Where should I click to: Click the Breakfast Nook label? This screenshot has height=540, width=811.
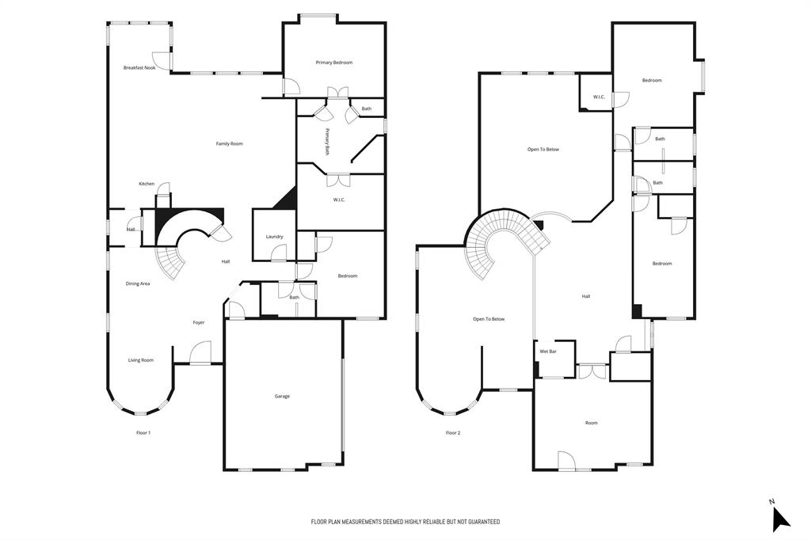tap(139, 68)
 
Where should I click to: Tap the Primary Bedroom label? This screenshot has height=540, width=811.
tap(333, 63)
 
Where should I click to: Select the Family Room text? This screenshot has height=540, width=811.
tap(230, 143)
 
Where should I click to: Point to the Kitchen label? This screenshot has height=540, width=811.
tap(147, 184)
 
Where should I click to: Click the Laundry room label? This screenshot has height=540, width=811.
tap(275, 237)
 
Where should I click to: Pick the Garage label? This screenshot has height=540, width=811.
tap(282, 396)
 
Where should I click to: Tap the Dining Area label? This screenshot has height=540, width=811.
tap(138, 283)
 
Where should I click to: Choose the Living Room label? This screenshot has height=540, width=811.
tap(141, 360)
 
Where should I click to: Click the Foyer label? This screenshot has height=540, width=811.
tap(199, 322)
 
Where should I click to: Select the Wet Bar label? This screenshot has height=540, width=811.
tap(548, 351)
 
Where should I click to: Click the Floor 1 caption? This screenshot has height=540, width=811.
tap(143, 432)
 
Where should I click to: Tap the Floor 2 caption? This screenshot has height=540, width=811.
tap(452, 432)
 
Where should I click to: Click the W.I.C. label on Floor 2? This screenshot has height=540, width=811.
tap(599, 97)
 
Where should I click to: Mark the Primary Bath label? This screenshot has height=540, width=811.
tap(326, 141)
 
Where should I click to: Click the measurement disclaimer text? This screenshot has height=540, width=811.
tap(405, 522)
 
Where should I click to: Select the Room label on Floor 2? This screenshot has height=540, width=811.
tap(591, 423)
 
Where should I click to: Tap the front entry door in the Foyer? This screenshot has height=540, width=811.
tap(200, 354)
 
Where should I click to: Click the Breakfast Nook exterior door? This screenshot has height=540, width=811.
tap(162, 60)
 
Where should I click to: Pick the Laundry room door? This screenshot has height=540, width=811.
tap(278, 253)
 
